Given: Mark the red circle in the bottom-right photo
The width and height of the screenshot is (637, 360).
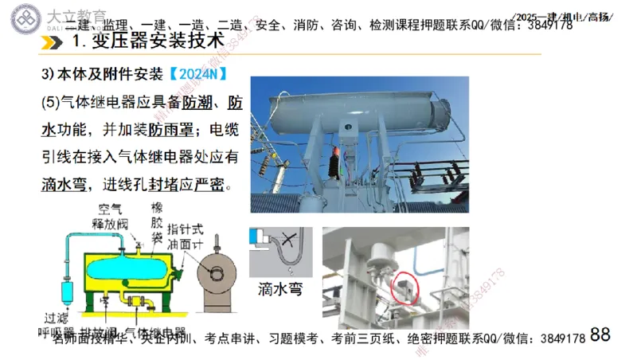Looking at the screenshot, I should coord(407,288).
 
